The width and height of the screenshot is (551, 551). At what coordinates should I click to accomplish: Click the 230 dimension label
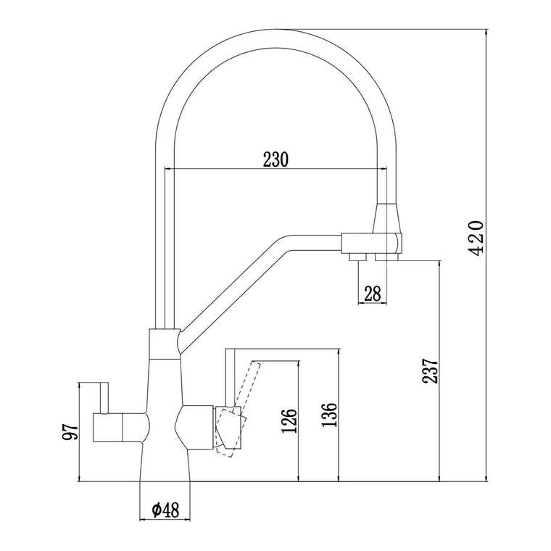(x=275, y=160)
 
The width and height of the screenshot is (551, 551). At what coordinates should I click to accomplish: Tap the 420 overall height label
(x=476, y=238)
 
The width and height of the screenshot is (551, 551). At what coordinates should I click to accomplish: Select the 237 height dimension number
(x=430, y=370)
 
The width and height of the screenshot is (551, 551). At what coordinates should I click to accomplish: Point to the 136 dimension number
(x=329, y=415)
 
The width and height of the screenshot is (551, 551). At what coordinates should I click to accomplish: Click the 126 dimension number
(x=289, y=420)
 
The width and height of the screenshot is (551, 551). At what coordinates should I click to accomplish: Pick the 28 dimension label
(x=373, y=294)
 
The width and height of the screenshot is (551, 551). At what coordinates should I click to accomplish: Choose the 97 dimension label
(x=70, y=431)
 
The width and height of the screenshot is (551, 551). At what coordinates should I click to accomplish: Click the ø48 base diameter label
(x=165, y=510)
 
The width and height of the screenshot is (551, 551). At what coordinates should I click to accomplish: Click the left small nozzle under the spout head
(x=357, y=257)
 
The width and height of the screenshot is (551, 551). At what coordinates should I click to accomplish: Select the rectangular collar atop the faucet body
(x=165, y=344)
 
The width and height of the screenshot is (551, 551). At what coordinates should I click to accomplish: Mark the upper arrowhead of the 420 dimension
(x=486, y=33)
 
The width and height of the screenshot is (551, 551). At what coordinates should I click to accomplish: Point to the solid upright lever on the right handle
(x=230, y=378)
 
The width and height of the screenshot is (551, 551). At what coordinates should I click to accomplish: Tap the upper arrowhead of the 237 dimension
(x=439, y=265)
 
